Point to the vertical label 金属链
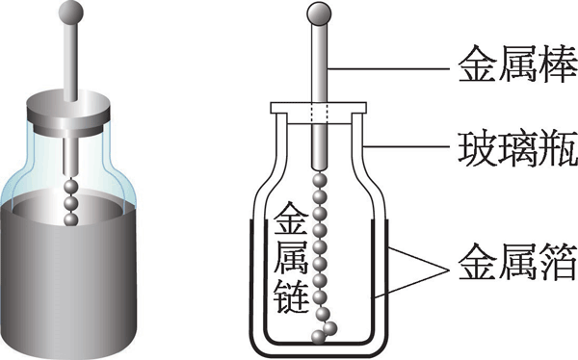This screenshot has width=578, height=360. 292,258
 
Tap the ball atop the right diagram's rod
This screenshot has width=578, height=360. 319,13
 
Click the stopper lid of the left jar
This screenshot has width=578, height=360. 68,111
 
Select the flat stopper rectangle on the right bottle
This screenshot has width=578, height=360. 319,108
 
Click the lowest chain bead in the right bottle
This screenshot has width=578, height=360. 318,337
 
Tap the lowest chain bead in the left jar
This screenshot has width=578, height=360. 70,219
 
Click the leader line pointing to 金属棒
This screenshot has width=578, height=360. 388,69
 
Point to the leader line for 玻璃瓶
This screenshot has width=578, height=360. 407,146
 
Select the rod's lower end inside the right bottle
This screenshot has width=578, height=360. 319,167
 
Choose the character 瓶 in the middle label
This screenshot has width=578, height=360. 558,150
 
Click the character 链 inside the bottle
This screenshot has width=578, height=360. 292,296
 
